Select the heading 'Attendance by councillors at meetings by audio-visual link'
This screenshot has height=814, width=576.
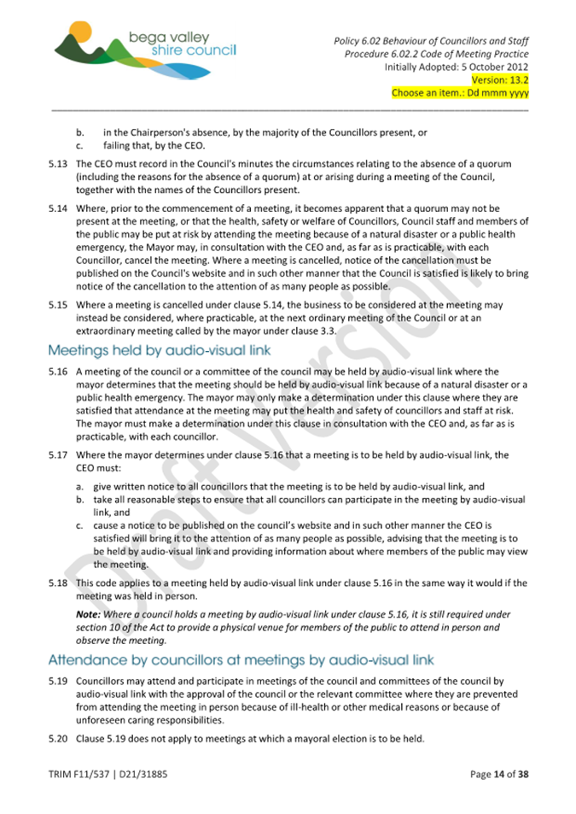241,659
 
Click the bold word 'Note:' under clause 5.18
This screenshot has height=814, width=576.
90,613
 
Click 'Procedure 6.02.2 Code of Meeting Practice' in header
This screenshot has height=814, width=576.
436,54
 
